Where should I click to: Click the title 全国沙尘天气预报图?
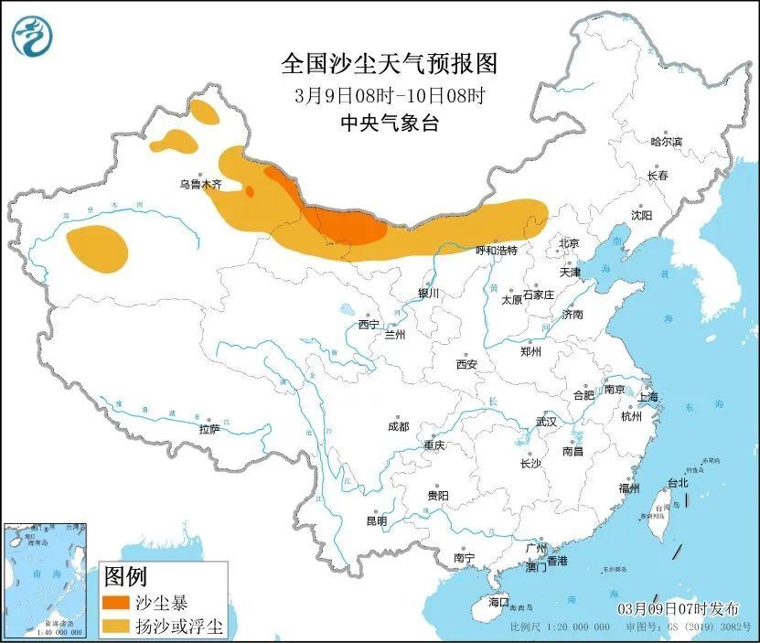coord(389,64)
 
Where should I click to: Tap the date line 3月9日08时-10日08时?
coord(389,94)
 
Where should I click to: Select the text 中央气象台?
coord(389,123)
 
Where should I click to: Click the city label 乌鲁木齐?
coord(200,184)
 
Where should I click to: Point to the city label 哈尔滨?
coord(666,142)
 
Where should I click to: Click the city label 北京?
coord(569,243)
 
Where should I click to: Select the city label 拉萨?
coord(209,429)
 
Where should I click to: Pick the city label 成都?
coord(398,426)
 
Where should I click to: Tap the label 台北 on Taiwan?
coord(677,482)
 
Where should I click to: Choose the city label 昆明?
coord(376,520)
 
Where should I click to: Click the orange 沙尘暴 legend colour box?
coord(116,603)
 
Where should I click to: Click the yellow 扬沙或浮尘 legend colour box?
coord(116,627)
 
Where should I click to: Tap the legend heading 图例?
coord(126,576)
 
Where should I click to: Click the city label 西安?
coord(466,364)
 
